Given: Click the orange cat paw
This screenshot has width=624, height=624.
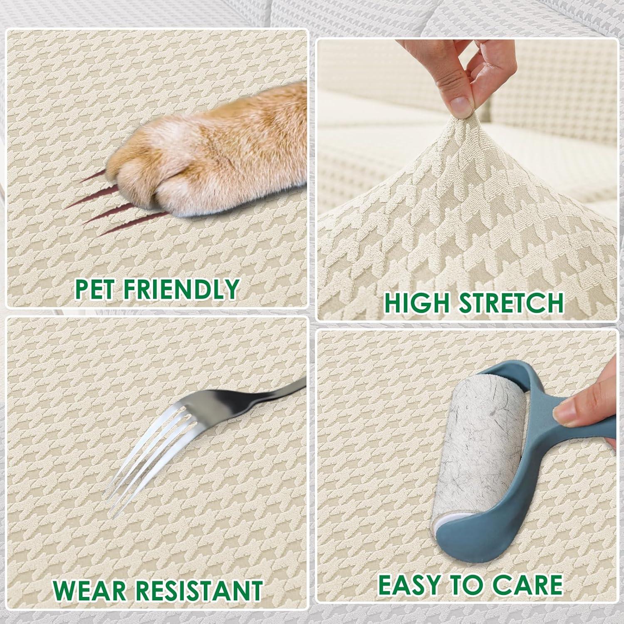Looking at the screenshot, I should click(x=208, y=154).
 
